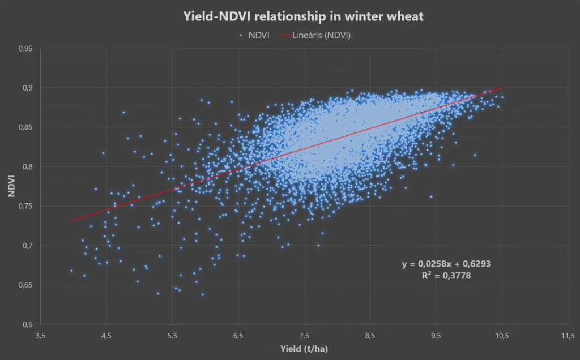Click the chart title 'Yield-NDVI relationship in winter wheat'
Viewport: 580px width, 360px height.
click(x=303, y=16)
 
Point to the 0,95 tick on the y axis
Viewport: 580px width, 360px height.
click(x=25, y=49)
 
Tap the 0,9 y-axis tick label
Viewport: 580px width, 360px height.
click(x=27, y=88)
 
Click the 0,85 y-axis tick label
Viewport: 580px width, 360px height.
click(x=25, y=127)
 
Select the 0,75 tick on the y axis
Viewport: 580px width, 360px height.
click(x=25, y=206)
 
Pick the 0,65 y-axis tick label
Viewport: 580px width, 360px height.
click(x=25, y=285)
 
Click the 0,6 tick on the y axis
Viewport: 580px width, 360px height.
click(x=27, y=324)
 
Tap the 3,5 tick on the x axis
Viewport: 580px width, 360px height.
click(x=40, y=335)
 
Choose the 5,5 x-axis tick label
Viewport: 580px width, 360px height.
click(x=172, y=335)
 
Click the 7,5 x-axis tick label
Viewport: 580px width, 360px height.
click(x=304, y=335)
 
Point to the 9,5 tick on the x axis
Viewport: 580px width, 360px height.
click(x=436, y=335)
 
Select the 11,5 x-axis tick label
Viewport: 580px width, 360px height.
click(x=568, y=335)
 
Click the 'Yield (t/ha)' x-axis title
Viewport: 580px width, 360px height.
click(x=304, y=349)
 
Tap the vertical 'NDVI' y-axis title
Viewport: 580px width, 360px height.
click(x=11, y=186)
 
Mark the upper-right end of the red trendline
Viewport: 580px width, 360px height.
click(x=502, y=88)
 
